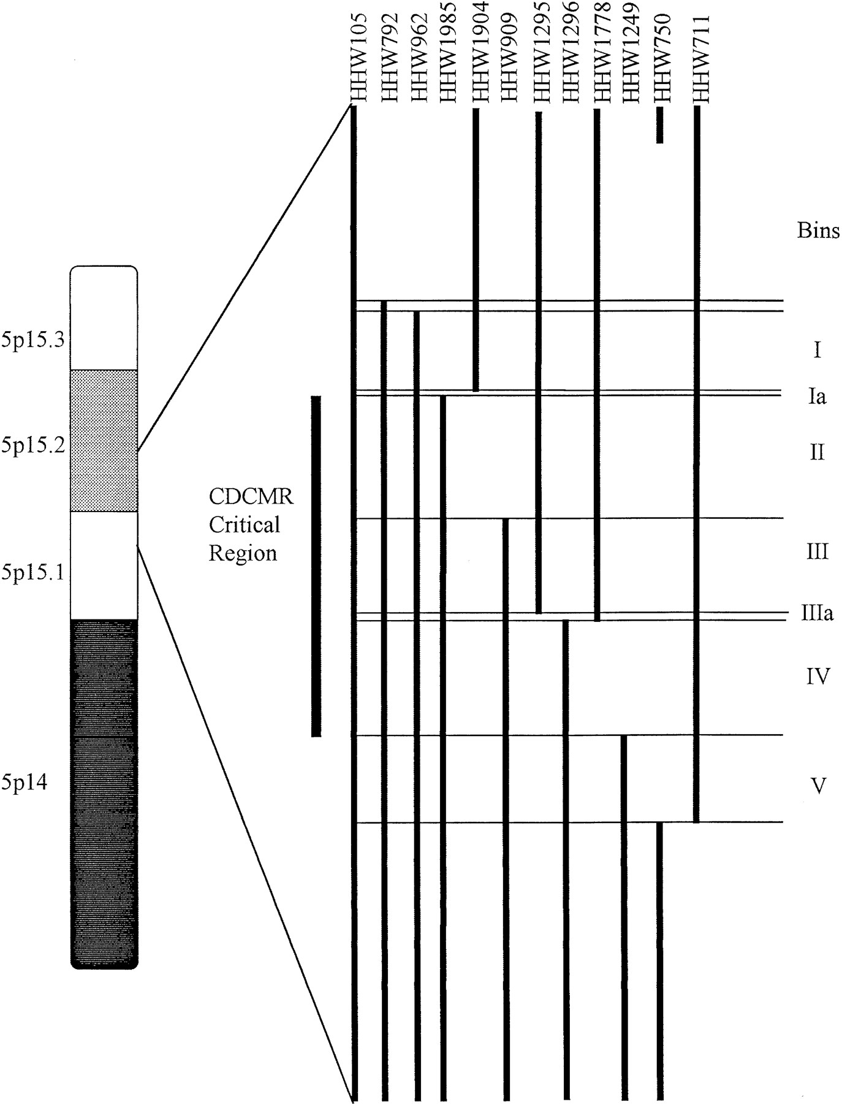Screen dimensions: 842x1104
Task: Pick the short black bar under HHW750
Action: [659, 125]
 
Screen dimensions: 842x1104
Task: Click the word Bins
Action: [818, 231]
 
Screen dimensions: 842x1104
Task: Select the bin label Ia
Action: [817, 396]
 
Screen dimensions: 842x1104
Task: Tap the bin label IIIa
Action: [817, 613]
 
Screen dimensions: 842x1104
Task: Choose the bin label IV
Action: [818, 677]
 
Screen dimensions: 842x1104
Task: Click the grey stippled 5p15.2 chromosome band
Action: [104, 440]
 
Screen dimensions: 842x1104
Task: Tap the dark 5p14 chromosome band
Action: [104, 794]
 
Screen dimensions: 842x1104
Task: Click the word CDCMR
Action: [251, 496]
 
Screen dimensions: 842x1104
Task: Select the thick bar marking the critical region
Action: [316, 566]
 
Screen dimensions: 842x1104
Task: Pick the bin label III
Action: [817, 551]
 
